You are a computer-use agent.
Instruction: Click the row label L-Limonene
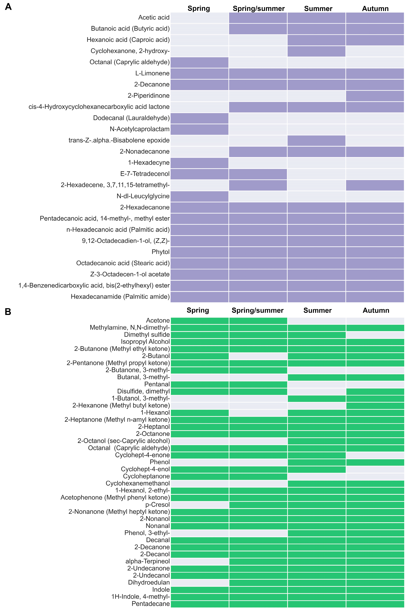(152, 73)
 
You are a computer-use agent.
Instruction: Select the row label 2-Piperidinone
(148, 96)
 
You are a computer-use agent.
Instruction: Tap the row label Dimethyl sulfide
(147, 335)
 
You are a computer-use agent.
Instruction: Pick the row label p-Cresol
(158, 505)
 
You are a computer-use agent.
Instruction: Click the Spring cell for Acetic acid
(200, 18)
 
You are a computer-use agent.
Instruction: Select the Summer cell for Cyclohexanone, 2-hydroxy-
(316, 51)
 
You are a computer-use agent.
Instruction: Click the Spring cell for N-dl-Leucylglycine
(200, 196)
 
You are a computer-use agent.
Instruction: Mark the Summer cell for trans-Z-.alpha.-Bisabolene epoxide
(316, 140)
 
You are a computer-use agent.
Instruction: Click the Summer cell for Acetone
(316, 321)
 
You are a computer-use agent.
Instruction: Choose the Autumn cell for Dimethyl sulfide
(375, 335)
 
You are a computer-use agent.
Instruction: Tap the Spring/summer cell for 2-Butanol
(258, 356)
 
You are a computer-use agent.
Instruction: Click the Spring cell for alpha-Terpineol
(200, 561)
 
